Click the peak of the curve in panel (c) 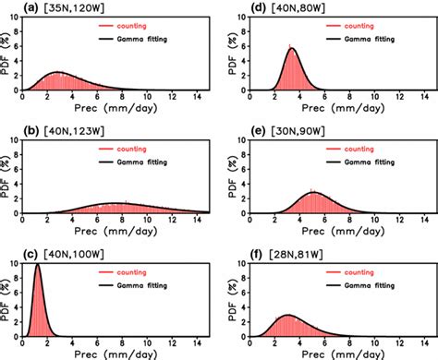[x=37, y=265]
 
